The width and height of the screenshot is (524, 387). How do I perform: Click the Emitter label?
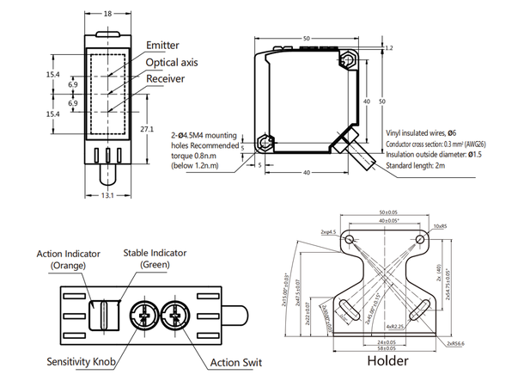pos(164,45)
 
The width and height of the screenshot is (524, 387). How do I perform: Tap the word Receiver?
pos(166,79)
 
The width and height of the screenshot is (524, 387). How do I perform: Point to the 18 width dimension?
pos(107,14)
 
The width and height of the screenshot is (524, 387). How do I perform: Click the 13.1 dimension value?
pos(107,196)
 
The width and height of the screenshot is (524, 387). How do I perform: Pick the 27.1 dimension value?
pos(147,129)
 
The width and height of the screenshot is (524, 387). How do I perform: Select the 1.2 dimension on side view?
pos(389,48)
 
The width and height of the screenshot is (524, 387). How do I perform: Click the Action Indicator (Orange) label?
pos(69,259)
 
